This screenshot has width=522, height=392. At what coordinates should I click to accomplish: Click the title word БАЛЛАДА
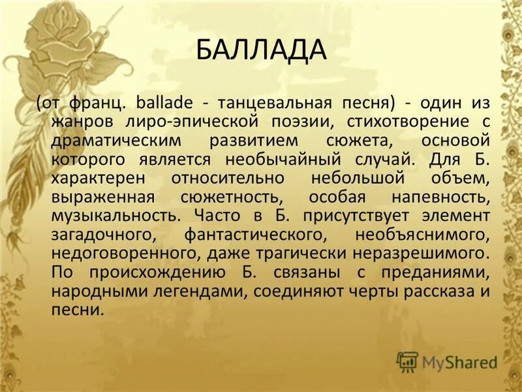tap(260, 50)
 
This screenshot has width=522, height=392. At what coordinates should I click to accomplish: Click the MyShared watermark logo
tap(447, 362)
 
